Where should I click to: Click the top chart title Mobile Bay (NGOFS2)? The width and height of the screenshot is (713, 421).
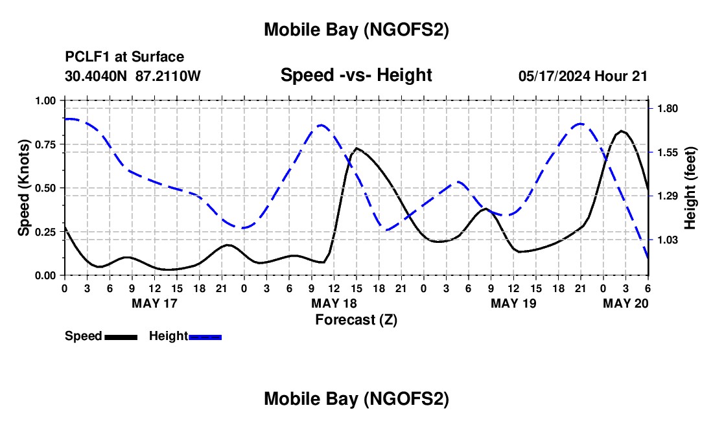356,30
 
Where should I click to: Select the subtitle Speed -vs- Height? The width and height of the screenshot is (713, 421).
356,75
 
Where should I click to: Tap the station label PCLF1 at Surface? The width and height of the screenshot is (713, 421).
124,58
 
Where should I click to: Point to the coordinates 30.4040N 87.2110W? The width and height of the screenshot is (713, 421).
133,76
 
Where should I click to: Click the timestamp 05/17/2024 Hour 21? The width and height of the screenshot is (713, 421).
583,76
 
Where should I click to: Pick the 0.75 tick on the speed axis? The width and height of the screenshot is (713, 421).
47,144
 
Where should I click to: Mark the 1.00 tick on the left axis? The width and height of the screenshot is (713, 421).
47,101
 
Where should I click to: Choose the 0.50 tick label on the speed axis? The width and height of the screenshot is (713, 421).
47,188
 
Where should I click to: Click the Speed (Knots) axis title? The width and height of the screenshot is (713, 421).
24,188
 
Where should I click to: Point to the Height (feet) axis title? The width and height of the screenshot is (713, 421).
690,188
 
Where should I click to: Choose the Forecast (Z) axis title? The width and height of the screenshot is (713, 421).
356,319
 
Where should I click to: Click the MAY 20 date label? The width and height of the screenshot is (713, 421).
625,303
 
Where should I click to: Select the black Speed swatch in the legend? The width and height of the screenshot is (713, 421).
121,337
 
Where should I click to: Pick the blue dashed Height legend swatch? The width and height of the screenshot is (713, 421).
205,337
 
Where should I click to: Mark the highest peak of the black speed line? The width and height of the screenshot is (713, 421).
622,131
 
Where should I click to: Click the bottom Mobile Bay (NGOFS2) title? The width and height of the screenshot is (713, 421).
356,399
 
